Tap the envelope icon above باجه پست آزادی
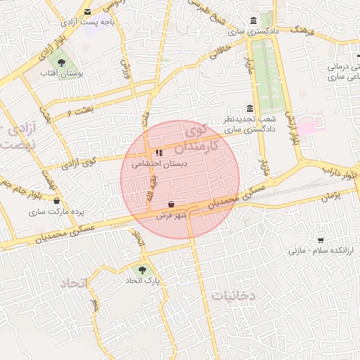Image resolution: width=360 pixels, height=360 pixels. point(87,12)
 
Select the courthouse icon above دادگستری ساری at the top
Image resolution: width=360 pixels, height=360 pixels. point(253,21)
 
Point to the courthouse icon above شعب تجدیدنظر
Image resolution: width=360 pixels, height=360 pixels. point(250,108)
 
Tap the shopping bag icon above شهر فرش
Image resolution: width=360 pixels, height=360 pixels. point(172,204)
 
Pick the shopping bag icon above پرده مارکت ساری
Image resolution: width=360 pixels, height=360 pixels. point(56,200)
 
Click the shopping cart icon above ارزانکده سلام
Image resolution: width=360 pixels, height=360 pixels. point(321,240)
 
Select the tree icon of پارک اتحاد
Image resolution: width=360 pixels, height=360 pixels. point(143,269)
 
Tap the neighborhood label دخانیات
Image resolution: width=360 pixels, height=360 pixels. point(233,296)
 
